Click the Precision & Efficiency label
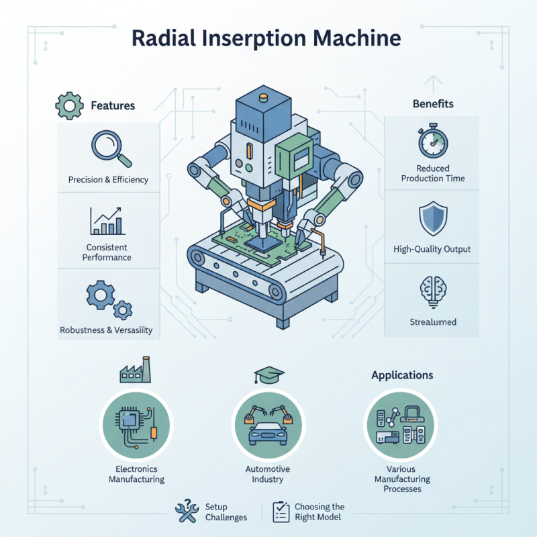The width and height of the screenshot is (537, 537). pos(108,180)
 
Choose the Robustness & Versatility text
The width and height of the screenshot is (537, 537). pos(106,330)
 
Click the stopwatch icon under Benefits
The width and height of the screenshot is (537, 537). pos(432,142)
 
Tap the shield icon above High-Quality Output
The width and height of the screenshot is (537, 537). pos(432,219)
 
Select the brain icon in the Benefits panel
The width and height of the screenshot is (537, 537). pos(432,290)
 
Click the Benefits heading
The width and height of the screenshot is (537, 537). pos(432,104)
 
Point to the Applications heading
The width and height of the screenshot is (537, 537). pos(402,375)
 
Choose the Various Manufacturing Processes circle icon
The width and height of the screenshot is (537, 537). pos(401,425)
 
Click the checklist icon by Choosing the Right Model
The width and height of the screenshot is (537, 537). pos(281,512)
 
